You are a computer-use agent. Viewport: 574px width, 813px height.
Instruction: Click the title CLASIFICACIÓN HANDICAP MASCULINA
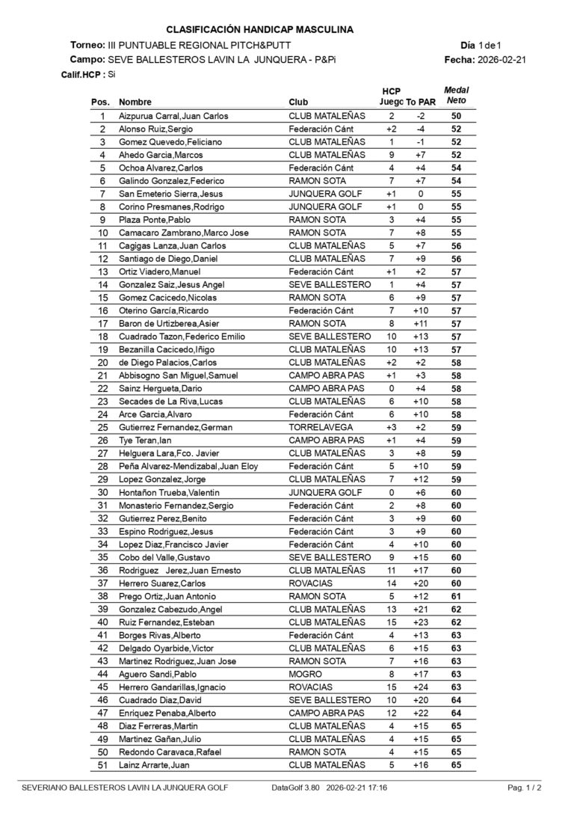point(259,30)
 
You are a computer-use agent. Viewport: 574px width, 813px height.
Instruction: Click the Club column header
point(297,102)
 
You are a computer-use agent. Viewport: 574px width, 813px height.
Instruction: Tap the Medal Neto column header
point(456,95)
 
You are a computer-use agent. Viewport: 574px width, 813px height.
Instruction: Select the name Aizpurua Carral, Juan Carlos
point(173,116)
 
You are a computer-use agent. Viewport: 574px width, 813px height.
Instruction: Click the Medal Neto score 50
point(456,116)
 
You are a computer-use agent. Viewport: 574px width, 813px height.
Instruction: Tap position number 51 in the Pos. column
point(103,764)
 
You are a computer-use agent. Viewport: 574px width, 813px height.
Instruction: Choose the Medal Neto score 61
point(456,596)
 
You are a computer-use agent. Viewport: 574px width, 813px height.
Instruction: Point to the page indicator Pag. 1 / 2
point(525,788)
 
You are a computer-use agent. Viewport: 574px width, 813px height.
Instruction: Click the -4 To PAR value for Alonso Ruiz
point(421,129)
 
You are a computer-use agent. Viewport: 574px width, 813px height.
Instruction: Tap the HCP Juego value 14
point(391,583)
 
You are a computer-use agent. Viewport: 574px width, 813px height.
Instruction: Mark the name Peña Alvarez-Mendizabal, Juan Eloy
point(188,466)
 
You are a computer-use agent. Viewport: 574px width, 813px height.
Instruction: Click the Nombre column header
point(135,102)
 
